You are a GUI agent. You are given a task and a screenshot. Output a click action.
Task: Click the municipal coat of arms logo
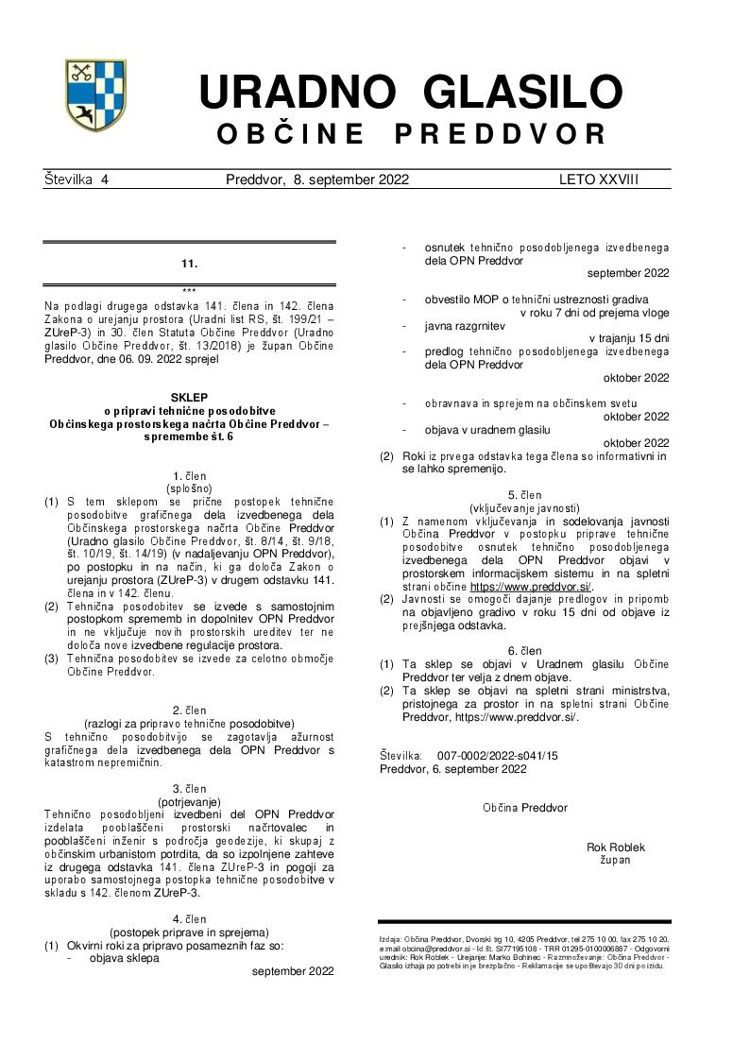click(95, 95)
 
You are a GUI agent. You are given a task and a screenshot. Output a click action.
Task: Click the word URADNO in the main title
click(297, 93)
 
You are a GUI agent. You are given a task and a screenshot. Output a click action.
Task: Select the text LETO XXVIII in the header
click(598, 180)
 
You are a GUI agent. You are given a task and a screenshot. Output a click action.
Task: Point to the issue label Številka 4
click(77, 180)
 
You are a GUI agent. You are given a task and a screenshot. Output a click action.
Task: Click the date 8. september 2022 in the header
click(350, 180)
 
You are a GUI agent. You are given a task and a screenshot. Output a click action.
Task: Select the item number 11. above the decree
click(189, 264)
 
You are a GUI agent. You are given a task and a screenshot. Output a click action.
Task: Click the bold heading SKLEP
click(189, 398)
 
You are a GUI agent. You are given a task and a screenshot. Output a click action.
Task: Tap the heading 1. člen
click(189, 475)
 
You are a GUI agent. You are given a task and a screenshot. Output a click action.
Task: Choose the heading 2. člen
click(189, 710)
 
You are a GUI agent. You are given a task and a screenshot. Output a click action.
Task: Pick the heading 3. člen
click(189, 788)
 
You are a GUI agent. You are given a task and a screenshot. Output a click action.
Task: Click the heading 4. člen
click(189, 918)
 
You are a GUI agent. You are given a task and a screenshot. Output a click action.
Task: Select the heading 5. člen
click(524, 494)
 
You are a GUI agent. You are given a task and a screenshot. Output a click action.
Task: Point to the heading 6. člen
click(524, 651)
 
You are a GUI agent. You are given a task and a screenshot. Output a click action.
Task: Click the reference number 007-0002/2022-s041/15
click(498, 756)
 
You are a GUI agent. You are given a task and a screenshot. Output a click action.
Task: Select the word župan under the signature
click(615, 860)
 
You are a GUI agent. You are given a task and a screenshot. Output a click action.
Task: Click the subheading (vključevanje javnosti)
click(524, 507)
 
